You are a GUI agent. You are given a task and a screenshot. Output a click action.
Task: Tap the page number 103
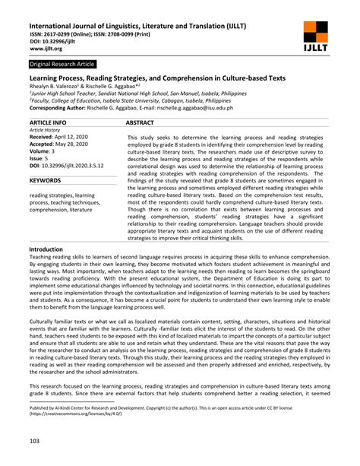point(35,442)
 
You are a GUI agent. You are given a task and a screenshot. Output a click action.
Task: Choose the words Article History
point(47,129)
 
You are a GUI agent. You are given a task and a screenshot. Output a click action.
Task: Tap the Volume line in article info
point(45,151)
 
